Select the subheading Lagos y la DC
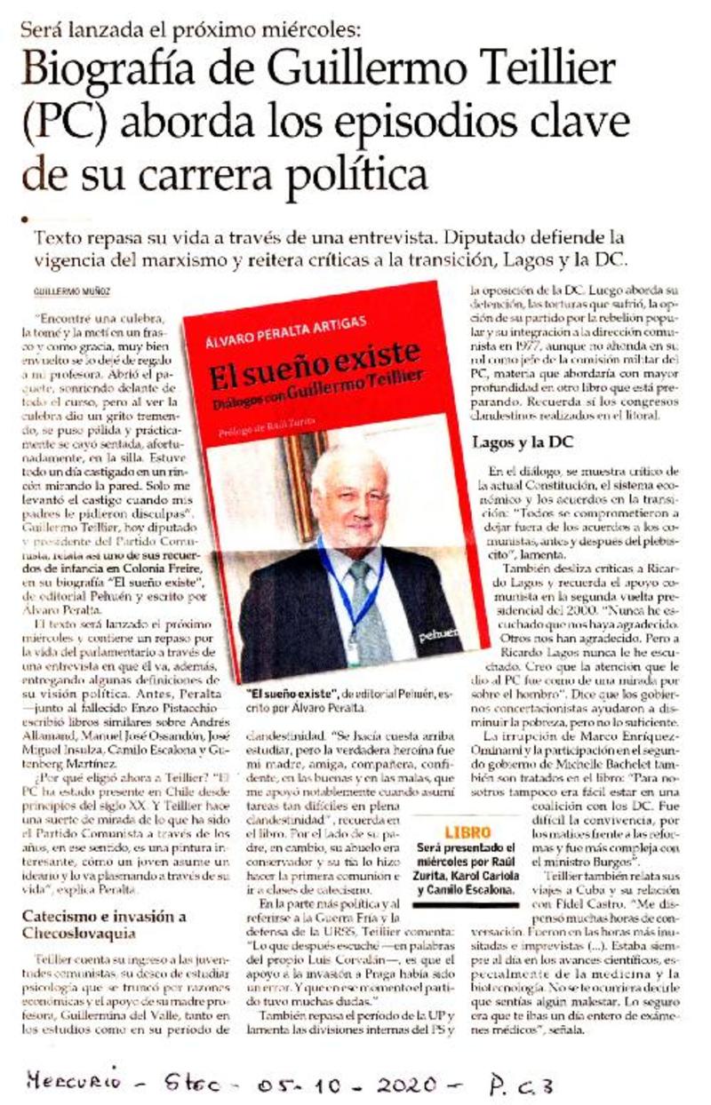(x=520, y=441)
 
